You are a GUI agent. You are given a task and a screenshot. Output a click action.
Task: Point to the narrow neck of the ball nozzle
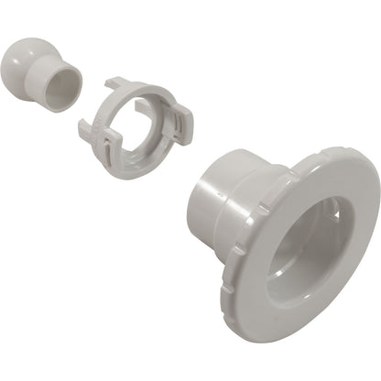46,76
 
